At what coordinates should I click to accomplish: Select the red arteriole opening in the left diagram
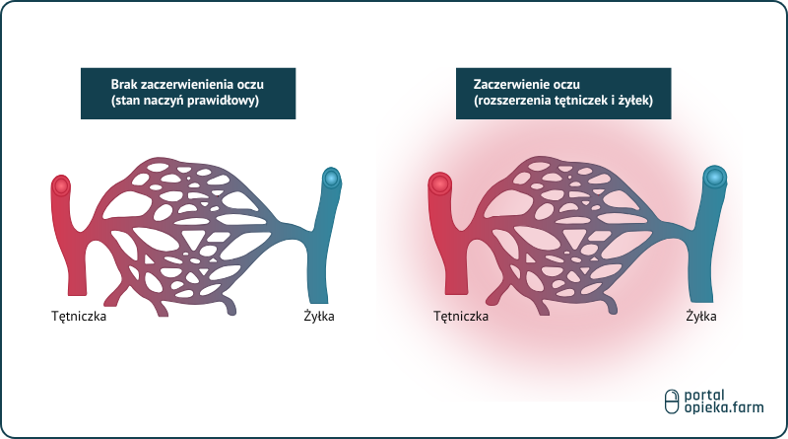[62, 184]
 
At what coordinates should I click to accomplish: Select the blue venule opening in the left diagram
[332, 179]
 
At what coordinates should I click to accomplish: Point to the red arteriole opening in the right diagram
[439, 183]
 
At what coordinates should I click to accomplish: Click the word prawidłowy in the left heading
[230, 102]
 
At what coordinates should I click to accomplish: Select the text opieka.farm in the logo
[723, 408]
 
